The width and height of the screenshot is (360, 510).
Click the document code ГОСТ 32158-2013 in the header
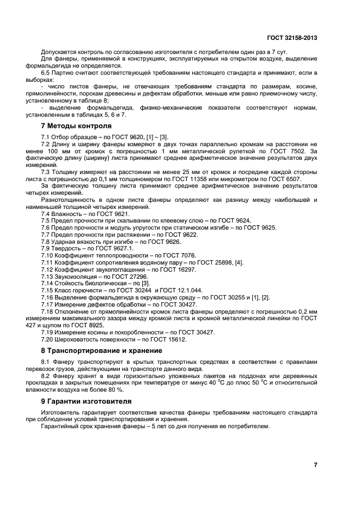pos(292,38)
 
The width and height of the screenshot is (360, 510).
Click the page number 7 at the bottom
pos(315,465)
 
